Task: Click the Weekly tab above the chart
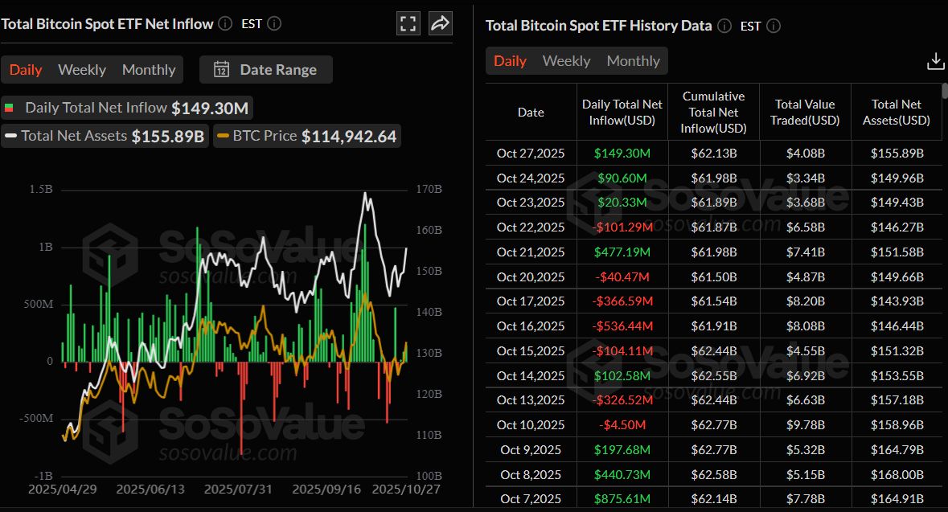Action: click(x=82, y=70)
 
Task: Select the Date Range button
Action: click(x=266, y=70)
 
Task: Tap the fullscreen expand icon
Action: click(x=408, y=23)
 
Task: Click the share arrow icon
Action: click(x=440, y=23)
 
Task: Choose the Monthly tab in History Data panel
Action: click(x=633, y=61)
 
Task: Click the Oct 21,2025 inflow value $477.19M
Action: click(x=622, y=252)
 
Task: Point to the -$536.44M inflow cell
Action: click(x=622, y=326)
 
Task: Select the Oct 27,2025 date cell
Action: click(x=531, y=154)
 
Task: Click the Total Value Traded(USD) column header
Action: click(x=805, y=113)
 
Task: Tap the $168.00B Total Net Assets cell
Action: click(x=897, y=474)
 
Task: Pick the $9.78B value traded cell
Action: click(x=805, y=425)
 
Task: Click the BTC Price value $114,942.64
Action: click(x=349, y=137)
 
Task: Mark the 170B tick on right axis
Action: click(x=429, y=189)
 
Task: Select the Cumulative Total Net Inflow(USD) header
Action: click(x=713, y=113)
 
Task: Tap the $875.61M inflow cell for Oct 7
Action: click(x=622, y=499)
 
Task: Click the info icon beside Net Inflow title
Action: click(x=225, y=24)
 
